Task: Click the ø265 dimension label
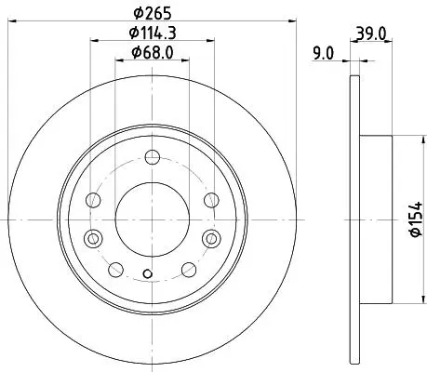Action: click(x=153, y=13)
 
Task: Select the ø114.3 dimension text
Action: click(x=153, y=33)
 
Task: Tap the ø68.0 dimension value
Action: click(x=153, y=52)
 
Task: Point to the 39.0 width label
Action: click(x=371, y=33)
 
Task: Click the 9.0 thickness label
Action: click(x=324, y=53)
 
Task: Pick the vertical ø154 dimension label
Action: click(x=417, y=219)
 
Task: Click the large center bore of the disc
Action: click(x=153, y=219)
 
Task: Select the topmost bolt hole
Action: click(x=153, y=157)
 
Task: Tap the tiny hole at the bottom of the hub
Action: click(x=148, y=273)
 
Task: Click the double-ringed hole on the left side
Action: click(x=93, y=239)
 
